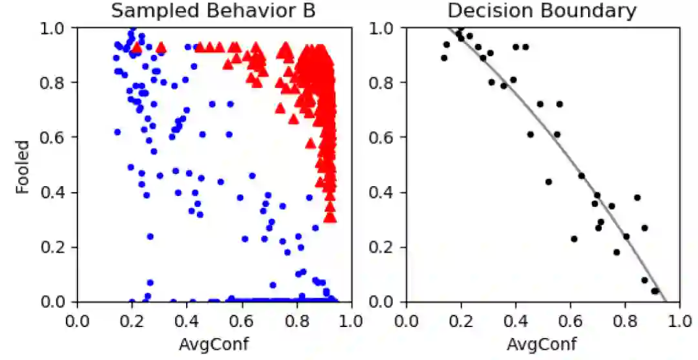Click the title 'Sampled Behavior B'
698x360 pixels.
coord(213,11)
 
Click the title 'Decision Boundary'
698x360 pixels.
coord(542,11)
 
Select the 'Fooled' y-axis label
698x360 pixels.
coord(23,165)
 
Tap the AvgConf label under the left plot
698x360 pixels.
coord(213,344)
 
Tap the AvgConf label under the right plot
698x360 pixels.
coord(542,344)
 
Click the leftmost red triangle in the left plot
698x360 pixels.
coord(136,48)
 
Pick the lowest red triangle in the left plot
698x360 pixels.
coord(330,217)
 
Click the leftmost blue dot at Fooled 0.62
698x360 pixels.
coord(117,132)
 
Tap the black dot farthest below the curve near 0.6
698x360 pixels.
coord(573,239)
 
